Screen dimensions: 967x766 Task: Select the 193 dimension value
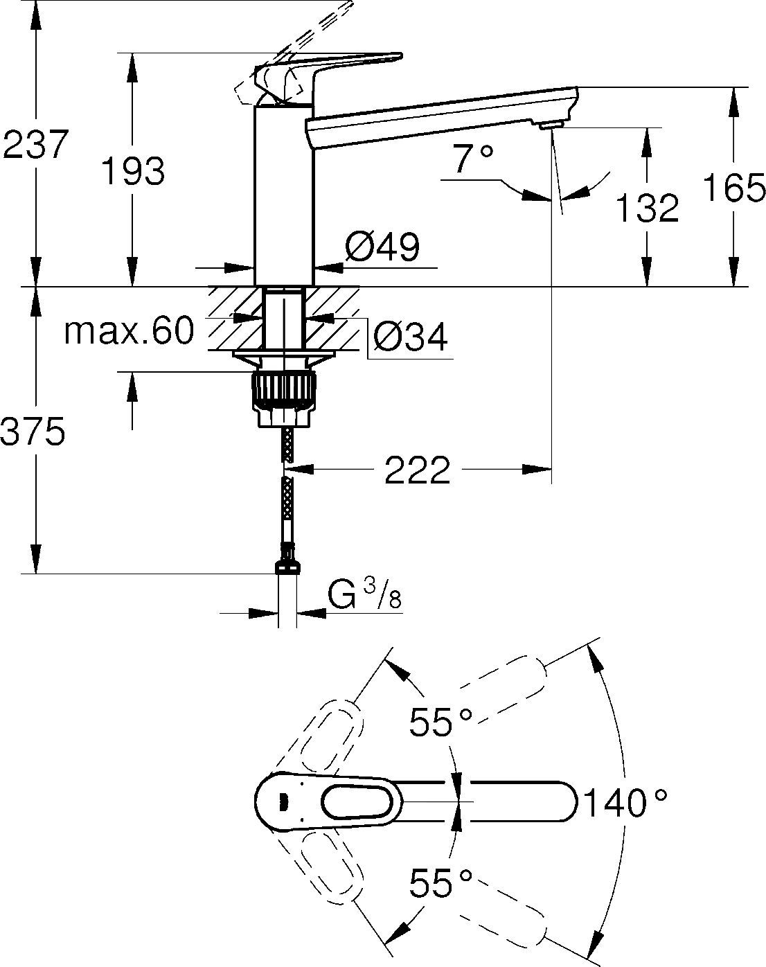133,171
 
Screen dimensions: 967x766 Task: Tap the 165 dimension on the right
734,188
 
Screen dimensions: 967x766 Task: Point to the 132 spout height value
647,208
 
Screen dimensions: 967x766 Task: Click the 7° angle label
474,160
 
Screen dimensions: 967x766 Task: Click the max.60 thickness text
129,331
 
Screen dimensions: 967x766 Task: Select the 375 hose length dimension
33,432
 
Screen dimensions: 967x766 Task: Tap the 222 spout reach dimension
417,471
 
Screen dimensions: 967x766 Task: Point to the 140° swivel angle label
625,804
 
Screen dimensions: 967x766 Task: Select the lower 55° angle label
440,882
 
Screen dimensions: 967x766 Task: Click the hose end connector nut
287,567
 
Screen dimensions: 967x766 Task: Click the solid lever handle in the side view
332,66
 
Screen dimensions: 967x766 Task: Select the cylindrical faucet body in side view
284,194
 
